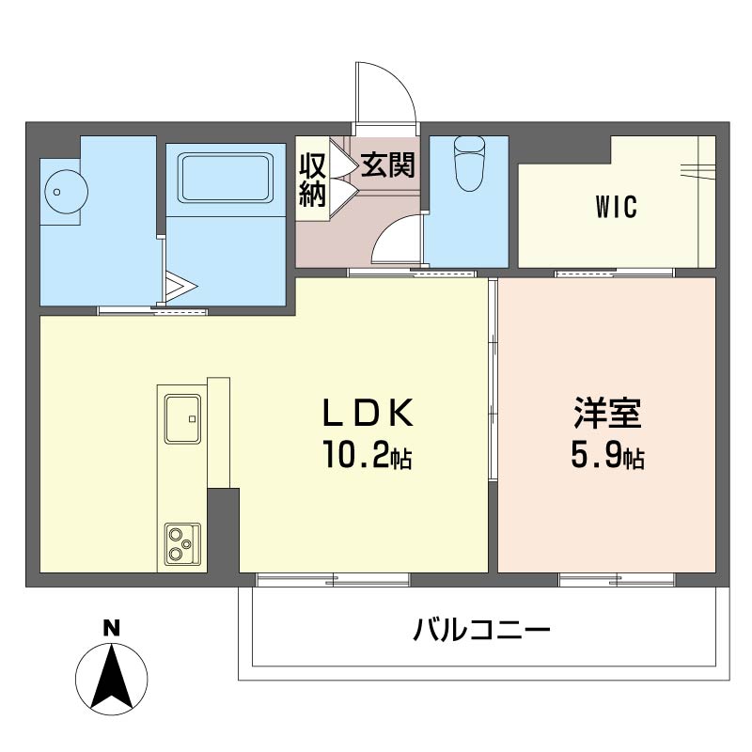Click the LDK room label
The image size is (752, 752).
[x=368, y=413]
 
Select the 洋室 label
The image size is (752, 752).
[x=607, y=413]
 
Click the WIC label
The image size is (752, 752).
[x=617, y=207]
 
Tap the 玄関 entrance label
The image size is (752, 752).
[x=387, y=165]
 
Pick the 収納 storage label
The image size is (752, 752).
[x=313, y=180]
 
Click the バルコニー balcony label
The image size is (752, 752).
[x=481, y=630]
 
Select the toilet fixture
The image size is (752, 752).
[x=469, y=164]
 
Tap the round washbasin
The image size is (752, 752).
[x=66, y=192]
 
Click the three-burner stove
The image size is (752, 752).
[x=182, y=543]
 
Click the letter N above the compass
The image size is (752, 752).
[x=112, y=628]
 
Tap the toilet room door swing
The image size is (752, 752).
[x=397, y=239]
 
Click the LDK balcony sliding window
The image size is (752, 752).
[x=333, y=580]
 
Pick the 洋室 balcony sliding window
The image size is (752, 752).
[x=617, y=580]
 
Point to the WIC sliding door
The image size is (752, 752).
[x=615, y=273]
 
